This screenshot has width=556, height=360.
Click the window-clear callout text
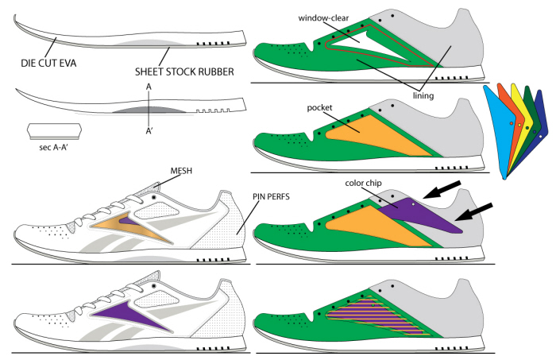328,17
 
